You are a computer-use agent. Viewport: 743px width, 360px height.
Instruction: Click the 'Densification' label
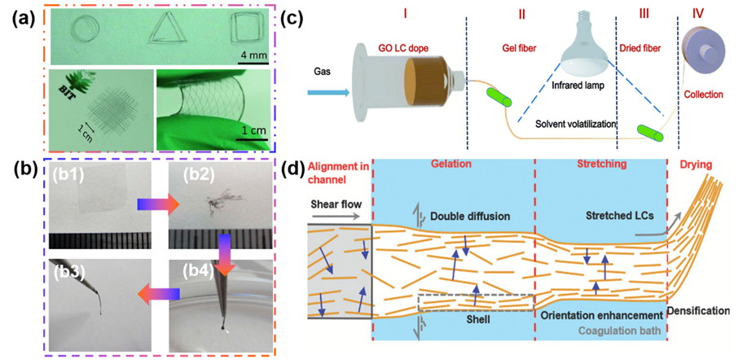pyautogui.click(x=699, y=310)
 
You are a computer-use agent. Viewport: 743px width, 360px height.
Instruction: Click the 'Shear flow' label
pyautogui.click(x=334, y=203)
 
